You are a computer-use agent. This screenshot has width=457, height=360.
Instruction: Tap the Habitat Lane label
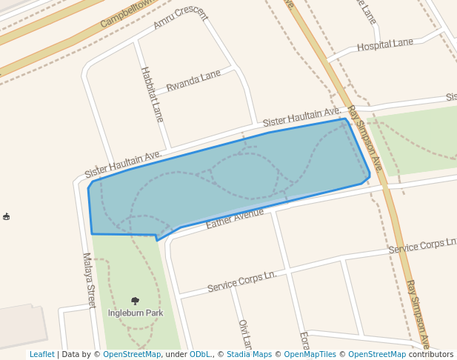point(152,94)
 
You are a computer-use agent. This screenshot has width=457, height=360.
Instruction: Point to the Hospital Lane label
point(384,44)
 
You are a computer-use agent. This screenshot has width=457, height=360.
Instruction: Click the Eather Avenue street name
point(235,217)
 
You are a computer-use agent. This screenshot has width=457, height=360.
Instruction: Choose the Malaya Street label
point(89,281)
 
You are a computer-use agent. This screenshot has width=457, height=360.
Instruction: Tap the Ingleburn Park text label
point(136,313)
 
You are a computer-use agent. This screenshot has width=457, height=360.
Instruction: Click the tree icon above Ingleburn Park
point(135,301)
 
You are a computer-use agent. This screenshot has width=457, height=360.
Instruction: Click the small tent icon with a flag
point(7,216)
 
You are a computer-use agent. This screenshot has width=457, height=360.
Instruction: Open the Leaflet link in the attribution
point(42,354)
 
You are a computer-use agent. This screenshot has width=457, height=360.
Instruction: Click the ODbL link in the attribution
point(200,354)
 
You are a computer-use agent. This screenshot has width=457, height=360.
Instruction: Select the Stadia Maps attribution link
point(249,354)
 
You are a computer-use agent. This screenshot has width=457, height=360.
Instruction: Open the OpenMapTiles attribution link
point(310,354)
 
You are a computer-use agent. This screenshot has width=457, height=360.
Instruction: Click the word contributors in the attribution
point(430,354)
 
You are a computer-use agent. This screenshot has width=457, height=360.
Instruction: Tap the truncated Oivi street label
point(244,334)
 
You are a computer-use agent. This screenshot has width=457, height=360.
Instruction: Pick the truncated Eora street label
point(304,340)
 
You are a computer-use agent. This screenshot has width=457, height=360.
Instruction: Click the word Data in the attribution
point(72,354)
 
